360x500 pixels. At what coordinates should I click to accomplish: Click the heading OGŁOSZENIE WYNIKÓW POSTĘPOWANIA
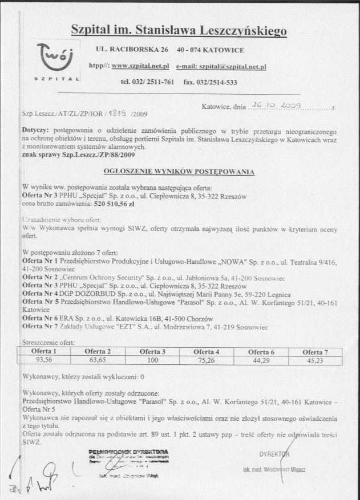click(179, 170)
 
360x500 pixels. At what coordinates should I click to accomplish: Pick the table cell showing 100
click(152, 360)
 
